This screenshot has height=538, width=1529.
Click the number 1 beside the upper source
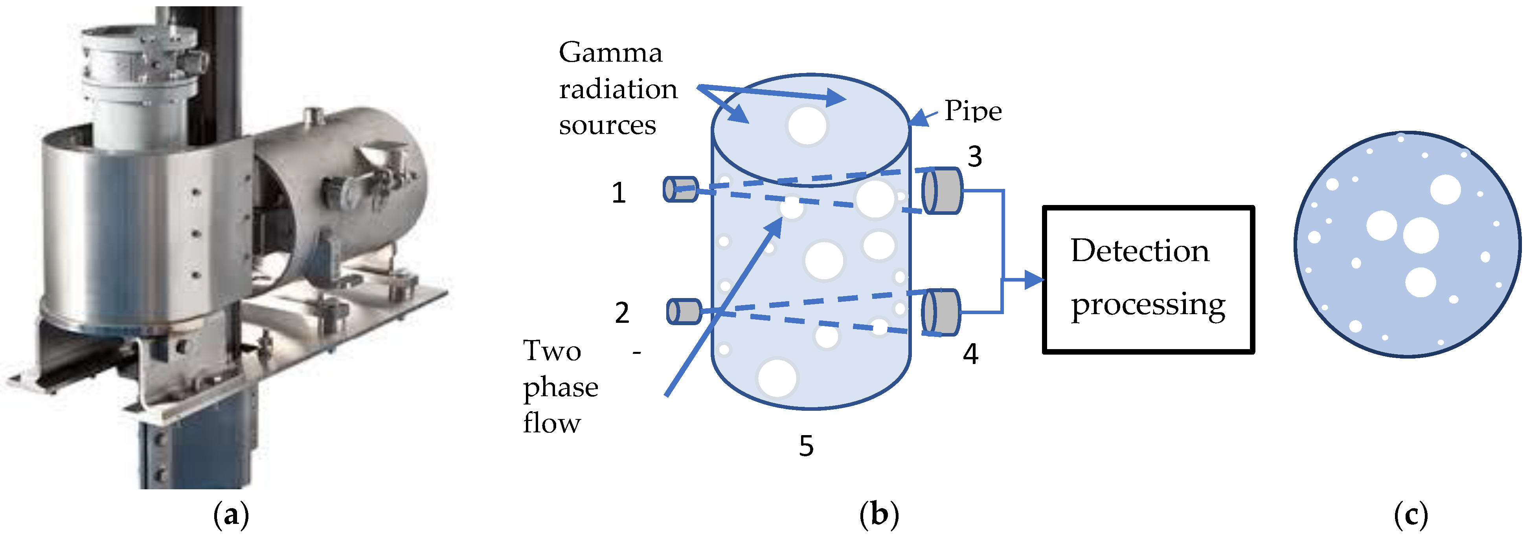(619, 193)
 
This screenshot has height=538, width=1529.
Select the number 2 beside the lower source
(621, 313)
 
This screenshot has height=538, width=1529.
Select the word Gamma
(610, 53)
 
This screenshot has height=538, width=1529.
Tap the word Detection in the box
(1139, 251)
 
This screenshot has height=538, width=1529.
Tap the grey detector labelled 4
(941, 312)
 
